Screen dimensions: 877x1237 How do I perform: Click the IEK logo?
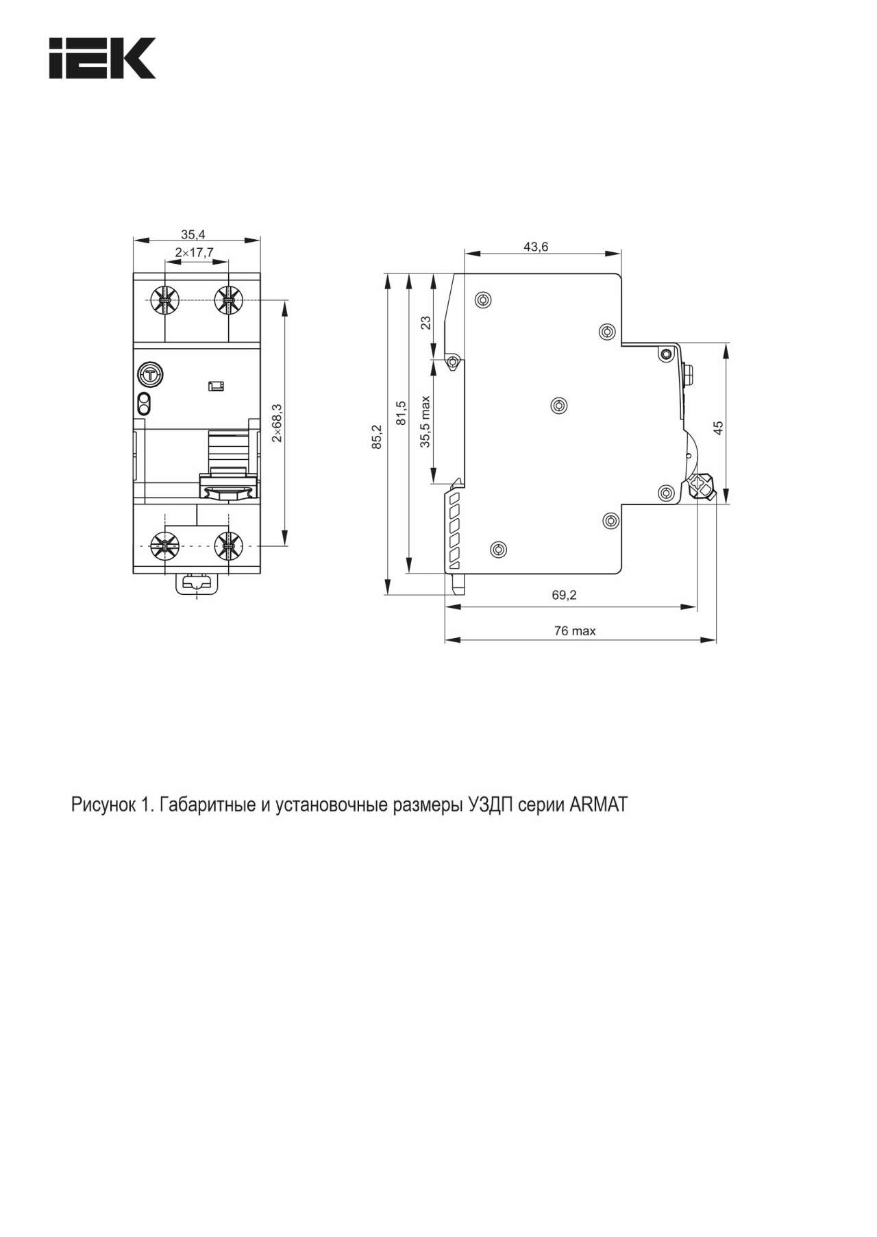pyautogui.click(x=102, y=58)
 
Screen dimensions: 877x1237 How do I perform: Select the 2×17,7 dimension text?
pyautogui.click(x=194, y=253)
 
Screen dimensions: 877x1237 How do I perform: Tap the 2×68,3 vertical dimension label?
pyautogui.click(x=277, y=423)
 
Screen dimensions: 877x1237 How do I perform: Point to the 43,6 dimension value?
pyautogui.click(x=536, y=247)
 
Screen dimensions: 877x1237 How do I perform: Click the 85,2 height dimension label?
pyautogui.click(x=376, y=437)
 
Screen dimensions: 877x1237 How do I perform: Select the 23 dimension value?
pyautogui.click(x=425, y=321)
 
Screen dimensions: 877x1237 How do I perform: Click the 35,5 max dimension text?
pyautogui.click(x=425, y=421)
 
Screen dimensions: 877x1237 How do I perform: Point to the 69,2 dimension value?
pyautogui.click(x=565, y=595)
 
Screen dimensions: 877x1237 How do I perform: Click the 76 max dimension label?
pyautogui.click(x=575, y=630)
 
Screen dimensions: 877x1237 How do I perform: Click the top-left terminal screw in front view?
pyautogui.click(x=164, y=300)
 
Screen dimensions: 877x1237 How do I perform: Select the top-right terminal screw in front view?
pyautogui.click(x=228, y=300)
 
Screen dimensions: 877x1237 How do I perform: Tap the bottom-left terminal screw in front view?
pyautogui.click(x=164, y=546)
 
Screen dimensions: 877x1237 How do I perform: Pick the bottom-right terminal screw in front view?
pyautogui.click(x=228, y=546)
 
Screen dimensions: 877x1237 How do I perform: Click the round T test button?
pyautogui.click(x=149, y=374)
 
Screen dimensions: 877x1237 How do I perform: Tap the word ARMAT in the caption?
pyautogui.click(x=598, y=805)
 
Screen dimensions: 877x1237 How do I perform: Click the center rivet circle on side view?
pyautogui.click(x=559, y=406)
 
